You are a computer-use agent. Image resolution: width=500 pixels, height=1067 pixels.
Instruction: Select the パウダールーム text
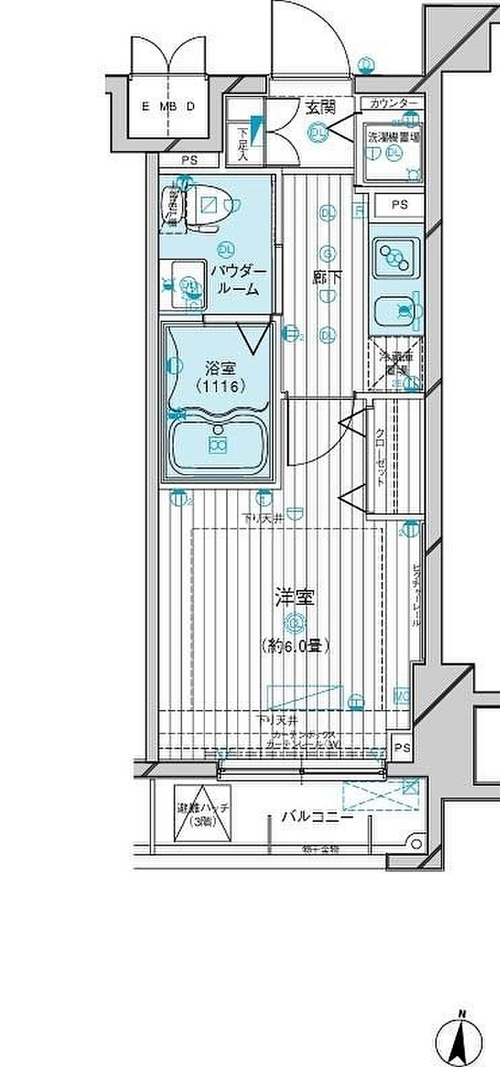237,281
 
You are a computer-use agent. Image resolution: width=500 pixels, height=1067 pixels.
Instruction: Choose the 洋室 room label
294,597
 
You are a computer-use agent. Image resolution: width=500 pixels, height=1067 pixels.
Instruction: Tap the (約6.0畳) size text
294,646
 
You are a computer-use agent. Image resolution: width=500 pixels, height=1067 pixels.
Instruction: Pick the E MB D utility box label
169,107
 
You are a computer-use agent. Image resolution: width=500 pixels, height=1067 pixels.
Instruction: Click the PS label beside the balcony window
401,748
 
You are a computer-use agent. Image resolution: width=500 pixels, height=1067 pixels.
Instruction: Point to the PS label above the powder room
188,161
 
